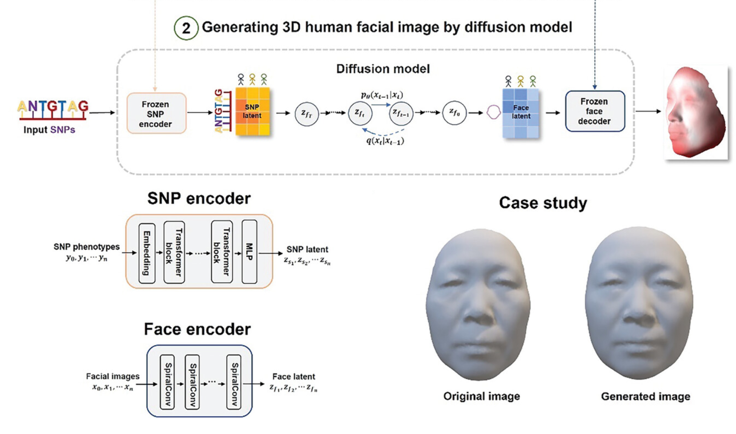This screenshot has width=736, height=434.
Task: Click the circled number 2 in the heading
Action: tap(186, 28)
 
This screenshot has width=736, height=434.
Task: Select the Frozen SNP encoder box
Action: tap(156, 114)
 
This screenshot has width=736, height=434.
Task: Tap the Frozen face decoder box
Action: tap(594, 111)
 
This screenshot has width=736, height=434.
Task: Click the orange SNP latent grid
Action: tap(252, 111)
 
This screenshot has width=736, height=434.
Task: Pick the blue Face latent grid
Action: tap(520, 113)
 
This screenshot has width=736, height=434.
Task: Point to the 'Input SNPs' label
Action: tap(49, 130)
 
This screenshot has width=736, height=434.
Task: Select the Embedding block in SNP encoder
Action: tap(147, 253)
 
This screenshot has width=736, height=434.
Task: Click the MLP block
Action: tap(249, 252)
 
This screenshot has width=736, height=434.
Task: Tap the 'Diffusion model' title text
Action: tap(383, 69)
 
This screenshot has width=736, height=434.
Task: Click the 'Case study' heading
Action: tap(543, 203)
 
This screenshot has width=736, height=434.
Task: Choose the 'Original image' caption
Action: tap(481, 396)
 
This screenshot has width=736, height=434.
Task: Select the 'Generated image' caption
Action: tap(645, 396)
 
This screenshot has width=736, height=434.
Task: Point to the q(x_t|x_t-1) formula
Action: tap(385, 141)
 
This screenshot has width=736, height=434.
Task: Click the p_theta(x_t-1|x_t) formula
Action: tap(382, 95)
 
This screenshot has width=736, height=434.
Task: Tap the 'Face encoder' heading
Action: tap(197, 329)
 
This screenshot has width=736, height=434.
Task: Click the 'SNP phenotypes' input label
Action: tap(86, 247)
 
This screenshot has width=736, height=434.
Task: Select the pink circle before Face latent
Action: tap(493, 112)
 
